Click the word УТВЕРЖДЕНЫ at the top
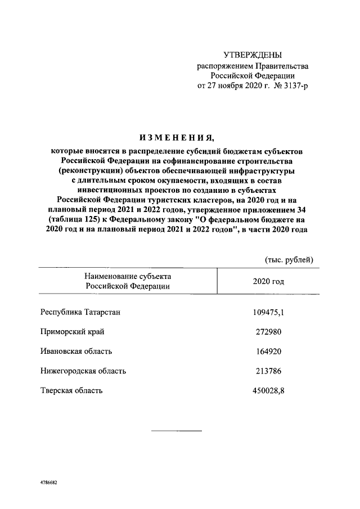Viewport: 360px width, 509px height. [253, 55]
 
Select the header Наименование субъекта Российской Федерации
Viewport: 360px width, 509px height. [127, 281]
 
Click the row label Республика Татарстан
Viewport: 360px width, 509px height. [80, 312]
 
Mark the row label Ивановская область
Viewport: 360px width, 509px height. [76, 351]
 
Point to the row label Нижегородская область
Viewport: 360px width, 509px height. [83, 371]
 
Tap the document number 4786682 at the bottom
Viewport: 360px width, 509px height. [49, 483]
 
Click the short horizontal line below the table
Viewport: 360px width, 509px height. [176, 430]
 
